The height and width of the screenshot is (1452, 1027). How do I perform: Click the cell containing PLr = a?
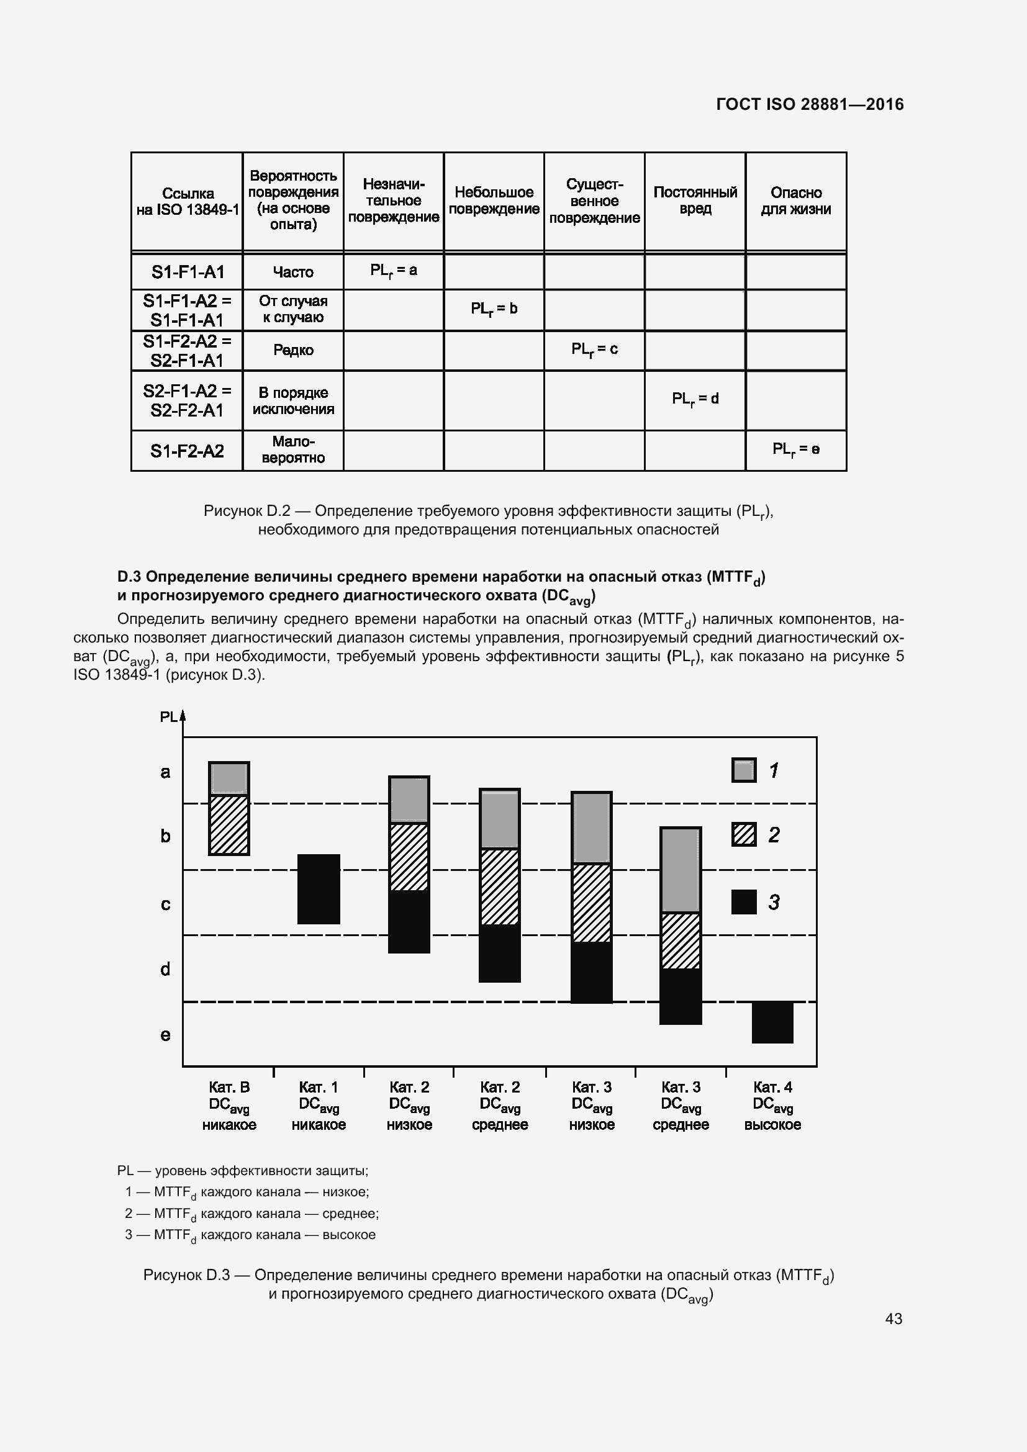coord(393,271)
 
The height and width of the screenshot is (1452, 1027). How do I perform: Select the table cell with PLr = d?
coord(695,399)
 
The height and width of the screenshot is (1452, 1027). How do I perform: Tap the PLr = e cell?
coord(795,449)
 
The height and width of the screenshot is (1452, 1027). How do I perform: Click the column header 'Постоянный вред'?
coord(695,201)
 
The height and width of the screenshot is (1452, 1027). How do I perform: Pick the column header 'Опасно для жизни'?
coord(795,201)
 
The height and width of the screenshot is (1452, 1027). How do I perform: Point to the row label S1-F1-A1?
coord(187,272)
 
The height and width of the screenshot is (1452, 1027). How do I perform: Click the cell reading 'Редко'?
coord(293,349)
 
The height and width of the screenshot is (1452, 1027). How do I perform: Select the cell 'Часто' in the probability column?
coord(293,272)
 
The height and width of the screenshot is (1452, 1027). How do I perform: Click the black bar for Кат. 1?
coord(319,888)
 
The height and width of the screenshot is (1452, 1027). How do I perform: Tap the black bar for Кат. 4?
coord(772,1022)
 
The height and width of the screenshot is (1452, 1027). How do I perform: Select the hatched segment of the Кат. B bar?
coord(229,824)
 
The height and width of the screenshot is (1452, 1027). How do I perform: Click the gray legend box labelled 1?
coord(744,770)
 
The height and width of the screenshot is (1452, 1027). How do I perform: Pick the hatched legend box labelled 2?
coord(744,835)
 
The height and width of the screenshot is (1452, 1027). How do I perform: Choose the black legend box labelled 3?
coord(744,902)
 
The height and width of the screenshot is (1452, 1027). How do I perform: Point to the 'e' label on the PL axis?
coord(165,1035)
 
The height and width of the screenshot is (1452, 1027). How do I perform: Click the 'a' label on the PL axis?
coord(165,772)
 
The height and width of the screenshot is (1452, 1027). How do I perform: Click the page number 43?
coord(893,1319)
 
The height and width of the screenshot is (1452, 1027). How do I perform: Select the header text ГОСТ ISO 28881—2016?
coord(810,104)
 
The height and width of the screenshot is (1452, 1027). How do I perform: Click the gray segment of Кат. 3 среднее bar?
coord(681,870)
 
